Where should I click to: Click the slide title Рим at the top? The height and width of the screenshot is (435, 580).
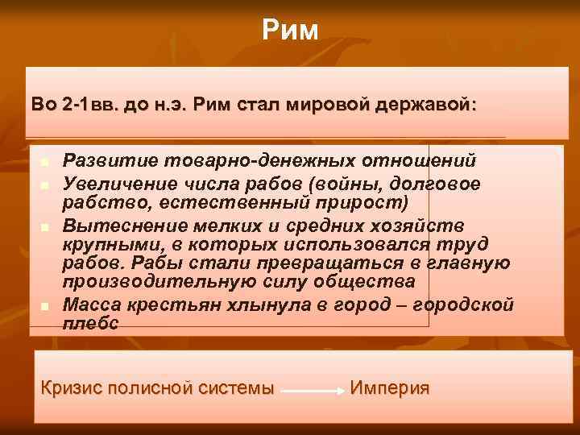[290, 31]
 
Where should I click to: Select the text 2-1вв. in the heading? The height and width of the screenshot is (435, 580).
[86, 106]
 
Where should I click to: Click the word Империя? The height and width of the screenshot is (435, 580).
[389, 387]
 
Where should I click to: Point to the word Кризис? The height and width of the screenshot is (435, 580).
[73, 387]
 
